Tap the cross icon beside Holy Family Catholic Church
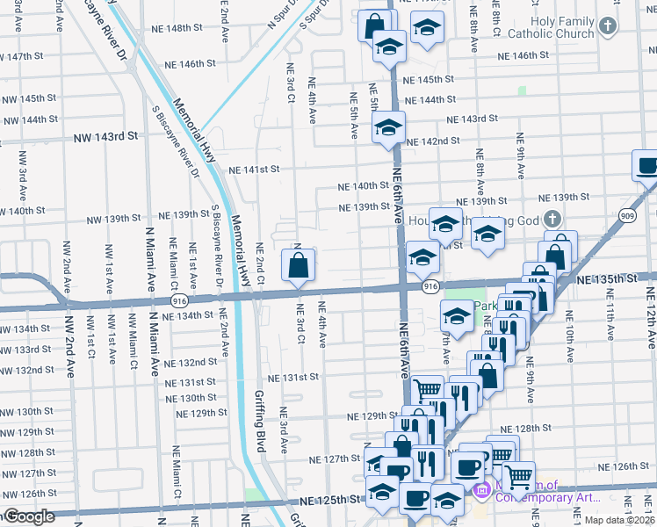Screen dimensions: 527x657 607,26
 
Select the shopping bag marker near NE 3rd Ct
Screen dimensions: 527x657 299,264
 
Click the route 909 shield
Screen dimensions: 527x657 649,214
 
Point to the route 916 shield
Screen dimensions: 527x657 430,286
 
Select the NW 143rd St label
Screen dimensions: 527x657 106,136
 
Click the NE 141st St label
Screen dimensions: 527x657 254,170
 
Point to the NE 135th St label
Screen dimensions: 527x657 608,278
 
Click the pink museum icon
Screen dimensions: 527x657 480,489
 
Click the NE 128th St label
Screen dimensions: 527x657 532,429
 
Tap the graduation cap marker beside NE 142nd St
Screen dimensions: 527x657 387,128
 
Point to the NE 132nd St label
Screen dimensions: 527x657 191,362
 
